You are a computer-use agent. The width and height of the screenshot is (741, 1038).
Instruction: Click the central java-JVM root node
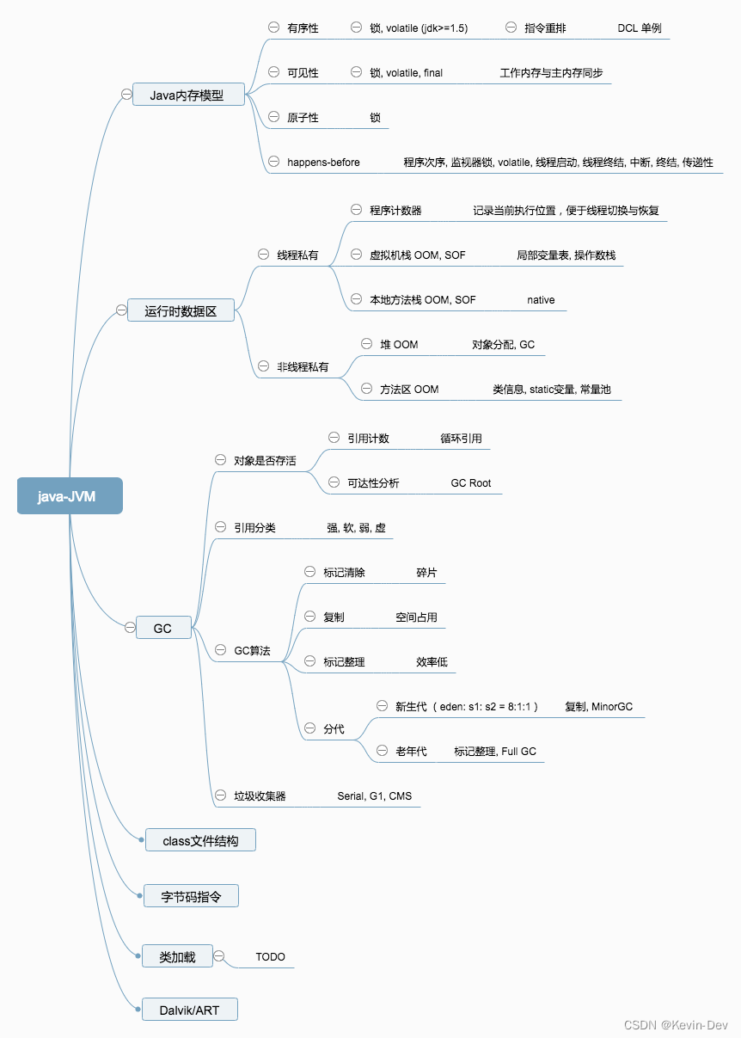[70, 496]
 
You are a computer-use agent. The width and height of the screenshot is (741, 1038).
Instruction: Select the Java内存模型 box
[187, 95]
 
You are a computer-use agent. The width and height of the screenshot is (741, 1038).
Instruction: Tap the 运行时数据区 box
[181, 310]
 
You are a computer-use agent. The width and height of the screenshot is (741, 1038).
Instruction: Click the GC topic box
[162, 629]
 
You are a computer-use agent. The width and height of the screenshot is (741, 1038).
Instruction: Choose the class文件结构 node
[200, 841]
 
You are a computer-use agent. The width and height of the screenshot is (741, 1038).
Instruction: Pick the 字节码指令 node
[191, 896]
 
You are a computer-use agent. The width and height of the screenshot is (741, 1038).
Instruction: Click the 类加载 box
[177, 956]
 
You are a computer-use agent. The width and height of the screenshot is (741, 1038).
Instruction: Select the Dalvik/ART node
[190, 1010]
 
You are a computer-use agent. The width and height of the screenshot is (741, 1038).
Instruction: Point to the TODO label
[270, 956]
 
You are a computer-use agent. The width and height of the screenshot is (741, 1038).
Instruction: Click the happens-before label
[323, 162]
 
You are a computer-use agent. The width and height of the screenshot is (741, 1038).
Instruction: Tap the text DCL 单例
[639, 28]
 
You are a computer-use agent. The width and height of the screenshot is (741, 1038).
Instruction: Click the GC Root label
[471, 483]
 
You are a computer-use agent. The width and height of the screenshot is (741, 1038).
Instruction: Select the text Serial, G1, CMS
[374, 796]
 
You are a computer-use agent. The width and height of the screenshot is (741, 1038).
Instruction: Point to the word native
[541, 300]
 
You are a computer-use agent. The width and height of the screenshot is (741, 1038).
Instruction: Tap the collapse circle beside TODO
[219, 956]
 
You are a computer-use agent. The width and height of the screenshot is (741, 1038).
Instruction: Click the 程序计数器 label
[395, 211]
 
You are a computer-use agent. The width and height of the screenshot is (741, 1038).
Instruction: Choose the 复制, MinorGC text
[598, 707]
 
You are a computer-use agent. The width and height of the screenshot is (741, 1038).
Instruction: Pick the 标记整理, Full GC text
[494, 752]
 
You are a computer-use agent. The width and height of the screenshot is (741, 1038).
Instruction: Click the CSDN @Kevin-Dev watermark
[676, 1025]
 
